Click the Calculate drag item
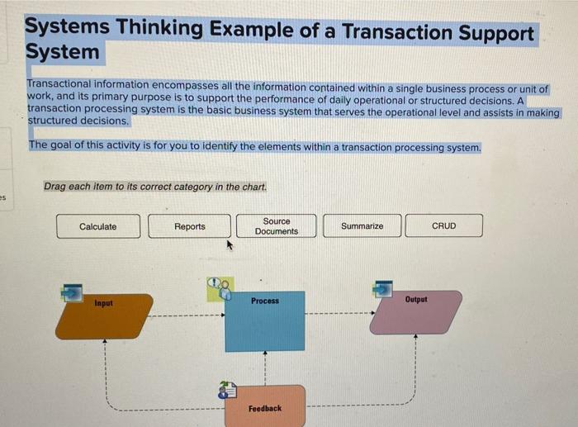[97, 226]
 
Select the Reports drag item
[190, 226]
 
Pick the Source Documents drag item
[276, 226]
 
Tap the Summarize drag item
[362, 226]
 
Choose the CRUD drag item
[443, 226]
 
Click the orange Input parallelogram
[104, 317]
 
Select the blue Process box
[264, 321]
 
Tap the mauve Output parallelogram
[415, 314]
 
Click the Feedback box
[264, 407]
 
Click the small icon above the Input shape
[72, 292]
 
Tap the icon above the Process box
[219, 288]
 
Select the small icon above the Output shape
[382, 288]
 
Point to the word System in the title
[62, 52]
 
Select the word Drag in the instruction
[54, 187]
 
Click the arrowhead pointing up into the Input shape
[104, 342]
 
